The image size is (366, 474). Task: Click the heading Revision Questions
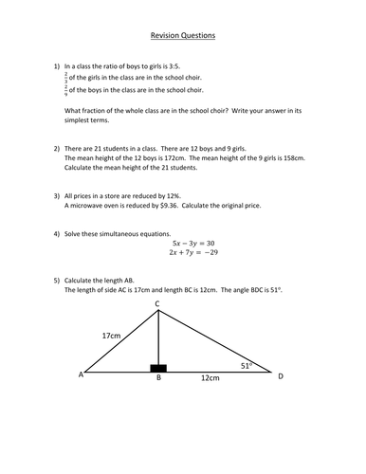point(183,36)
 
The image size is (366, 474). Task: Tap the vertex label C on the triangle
point(157,302)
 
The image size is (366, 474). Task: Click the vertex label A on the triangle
point(82,376)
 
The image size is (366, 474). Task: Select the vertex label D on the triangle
point(280,376)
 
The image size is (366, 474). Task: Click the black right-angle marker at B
point(157,368)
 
